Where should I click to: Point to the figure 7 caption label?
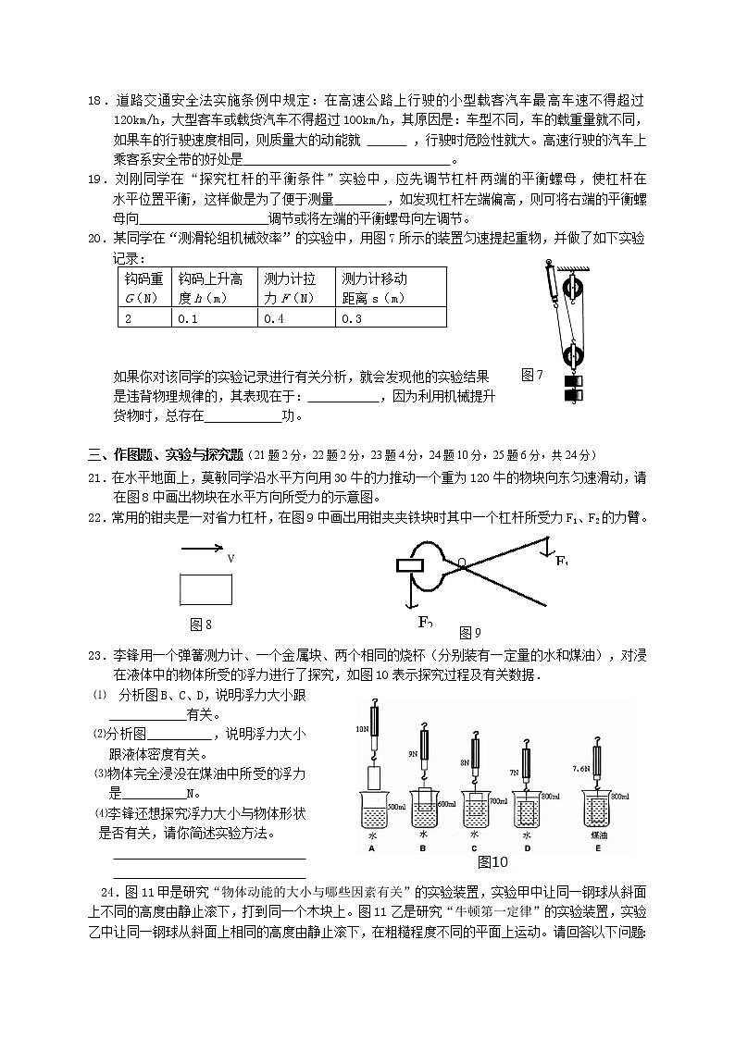click(531, 375)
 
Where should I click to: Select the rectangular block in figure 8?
click(207, 589)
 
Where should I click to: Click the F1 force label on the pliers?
click(562, 561)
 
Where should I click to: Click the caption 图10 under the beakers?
click(493, 862)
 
